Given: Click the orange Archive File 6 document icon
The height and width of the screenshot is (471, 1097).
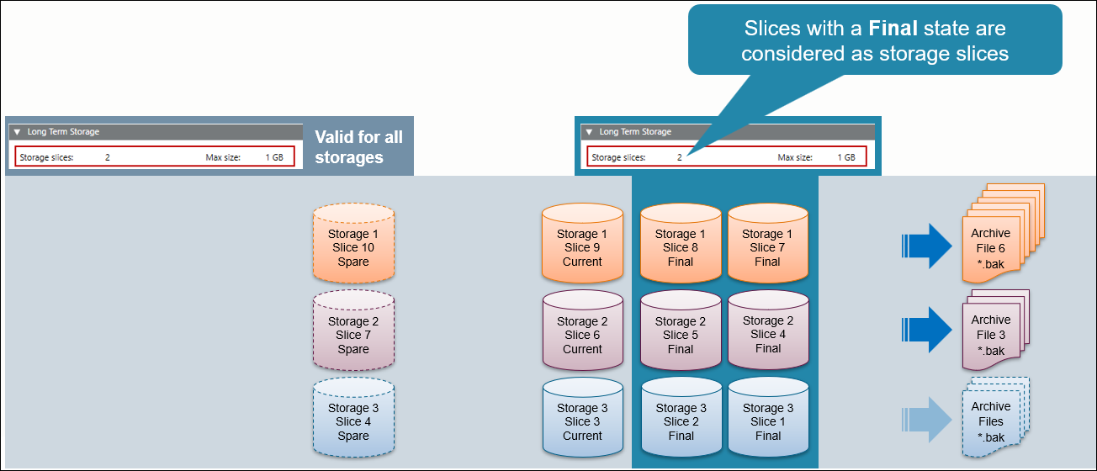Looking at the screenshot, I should (997, 235).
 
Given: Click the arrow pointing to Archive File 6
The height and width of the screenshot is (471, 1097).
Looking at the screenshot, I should (926, 246).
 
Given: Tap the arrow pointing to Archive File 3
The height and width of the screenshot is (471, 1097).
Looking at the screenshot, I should (926, 330).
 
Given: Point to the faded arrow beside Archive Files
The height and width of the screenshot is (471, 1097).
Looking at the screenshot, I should (926, 418).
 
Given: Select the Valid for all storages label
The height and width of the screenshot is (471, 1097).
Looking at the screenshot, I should (358, 146).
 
